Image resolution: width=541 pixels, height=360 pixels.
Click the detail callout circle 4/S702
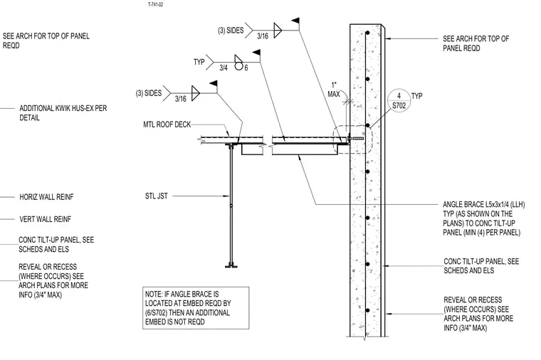pyautogui.click(x=399, y=101)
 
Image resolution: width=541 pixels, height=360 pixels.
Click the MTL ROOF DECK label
pyautogui.click(x=167, y=125)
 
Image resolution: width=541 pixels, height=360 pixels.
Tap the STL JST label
pyautogui.click(x=157, y=196)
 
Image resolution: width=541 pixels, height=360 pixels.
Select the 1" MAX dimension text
pyautogui.click(x=334, y=90)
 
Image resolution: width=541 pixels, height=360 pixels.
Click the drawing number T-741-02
pyautogui.click(x=156, y=4)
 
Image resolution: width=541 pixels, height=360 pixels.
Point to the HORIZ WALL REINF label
pyautogui.click(x=46, y=197)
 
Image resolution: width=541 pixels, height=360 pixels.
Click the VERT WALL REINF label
pyautogui.click(x=45, y=219)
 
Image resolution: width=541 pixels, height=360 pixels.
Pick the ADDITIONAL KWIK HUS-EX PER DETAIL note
pyautogui.click(x=63, y=112)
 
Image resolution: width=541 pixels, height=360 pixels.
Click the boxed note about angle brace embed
pyautogui.click(x=196, y=308)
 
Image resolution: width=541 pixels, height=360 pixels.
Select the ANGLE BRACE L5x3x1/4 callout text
pyautogui.click(x=484, y=218)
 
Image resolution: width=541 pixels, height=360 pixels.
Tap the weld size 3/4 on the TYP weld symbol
pyautogui.click(x=224, y=68)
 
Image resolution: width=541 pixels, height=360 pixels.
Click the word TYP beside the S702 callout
pyautogui.click(x=417, y=96)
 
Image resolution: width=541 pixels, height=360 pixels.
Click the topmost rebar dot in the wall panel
pyautogui.click(x=368, y=33)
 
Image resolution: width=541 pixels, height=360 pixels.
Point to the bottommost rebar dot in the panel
pyautogui.click(x=368, y=310)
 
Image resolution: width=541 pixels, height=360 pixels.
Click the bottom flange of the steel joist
pyautogui.click(x=231, y=266)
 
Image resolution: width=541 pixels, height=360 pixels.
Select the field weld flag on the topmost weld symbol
pyautogui.click(x=295, y=21)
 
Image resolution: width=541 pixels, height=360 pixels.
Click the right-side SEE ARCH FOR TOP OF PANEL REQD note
pyautogui.click(x=476, y=43)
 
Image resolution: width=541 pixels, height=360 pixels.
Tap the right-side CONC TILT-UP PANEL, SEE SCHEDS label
pyautogui.click(x=481, y=266)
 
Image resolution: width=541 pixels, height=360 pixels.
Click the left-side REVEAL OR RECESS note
pyautogui.click(x=53, y=281)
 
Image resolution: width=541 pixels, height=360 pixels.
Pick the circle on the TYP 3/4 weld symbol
pyautogui.click(x=238, y=65)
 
